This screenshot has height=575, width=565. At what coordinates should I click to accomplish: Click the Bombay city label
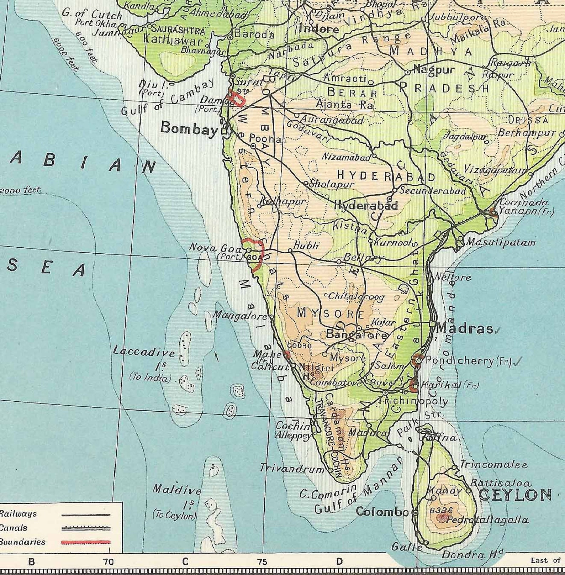[189, 128]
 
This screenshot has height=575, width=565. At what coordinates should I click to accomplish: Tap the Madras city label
[465, 328]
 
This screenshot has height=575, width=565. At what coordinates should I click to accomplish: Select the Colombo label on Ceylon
[382, 512]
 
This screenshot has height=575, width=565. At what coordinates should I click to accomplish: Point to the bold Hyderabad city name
[366, 205]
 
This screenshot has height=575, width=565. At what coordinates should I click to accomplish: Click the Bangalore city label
[357, 335]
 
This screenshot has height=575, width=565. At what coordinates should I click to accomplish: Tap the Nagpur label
[434, 70]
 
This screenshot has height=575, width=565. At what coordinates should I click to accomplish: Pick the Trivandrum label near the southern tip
[292, 468]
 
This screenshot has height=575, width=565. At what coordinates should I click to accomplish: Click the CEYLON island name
[515, 495]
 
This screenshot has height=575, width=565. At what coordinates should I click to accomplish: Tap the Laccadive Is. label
[144, 352]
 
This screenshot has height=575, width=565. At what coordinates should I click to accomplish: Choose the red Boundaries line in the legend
[86, 543]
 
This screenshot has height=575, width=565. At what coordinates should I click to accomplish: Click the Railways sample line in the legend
[86, 515]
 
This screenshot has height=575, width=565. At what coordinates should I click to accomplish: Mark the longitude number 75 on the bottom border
[262, 562]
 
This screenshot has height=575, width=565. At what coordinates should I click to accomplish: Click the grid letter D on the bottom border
[339, 561]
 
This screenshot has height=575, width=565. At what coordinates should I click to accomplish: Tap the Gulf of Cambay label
[168, 97]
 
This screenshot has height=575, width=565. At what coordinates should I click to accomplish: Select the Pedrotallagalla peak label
[487, 520]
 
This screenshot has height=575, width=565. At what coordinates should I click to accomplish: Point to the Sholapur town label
[332, 184]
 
